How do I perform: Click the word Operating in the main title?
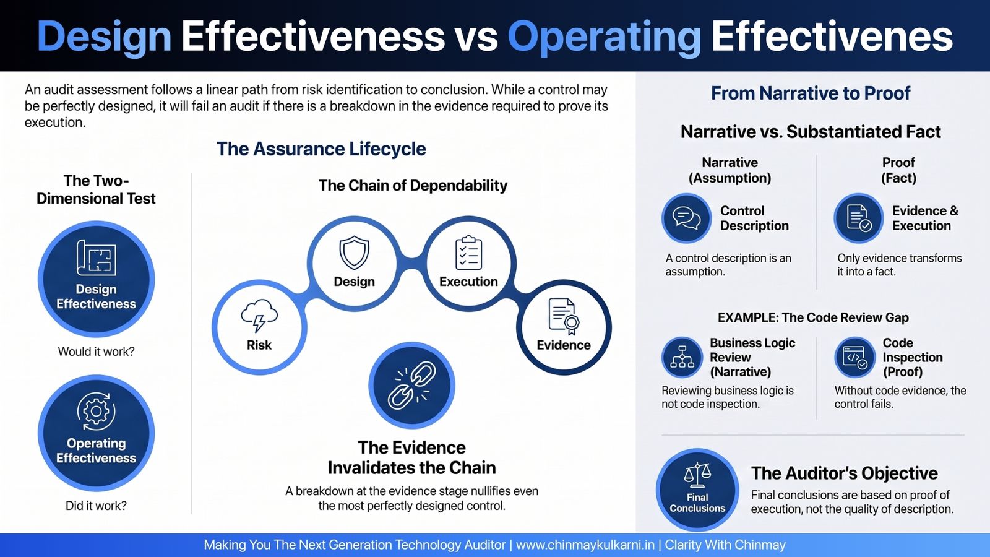[x=604, y=37]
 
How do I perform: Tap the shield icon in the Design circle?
[x=354, y=253]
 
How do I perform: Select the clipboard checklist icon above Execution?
[x=468, y=253]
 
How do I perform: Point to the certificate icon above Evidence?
[x=564, y=316]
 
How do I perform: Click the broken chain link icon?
[x=412, y=385]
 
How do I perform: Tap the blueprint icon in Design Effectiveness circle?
[x=97, y=257]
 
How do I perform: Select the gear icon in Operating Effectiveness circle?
[x=97, y=411]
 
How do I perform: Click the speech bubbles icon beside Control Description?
[x=686, y=218]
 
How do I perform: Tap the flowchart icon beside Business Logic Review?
[x=682, y=357]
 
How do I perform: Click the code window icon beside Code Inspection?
[x=854, y=357]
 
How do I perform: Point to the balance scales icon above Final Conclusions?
[x=697, y=474]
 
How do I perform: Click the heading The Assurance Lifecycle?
[x=321, y=149]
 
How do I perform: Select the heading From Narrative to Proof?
[x=811, y=93]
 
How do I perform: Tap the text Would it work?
[x=97, y=352]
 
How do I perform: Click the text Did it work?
[x=97, y=506]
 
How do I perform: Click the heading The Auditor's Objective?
[x=845, y=473]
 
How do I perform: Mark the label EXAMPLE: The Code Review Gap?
[x=813, y=318]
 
